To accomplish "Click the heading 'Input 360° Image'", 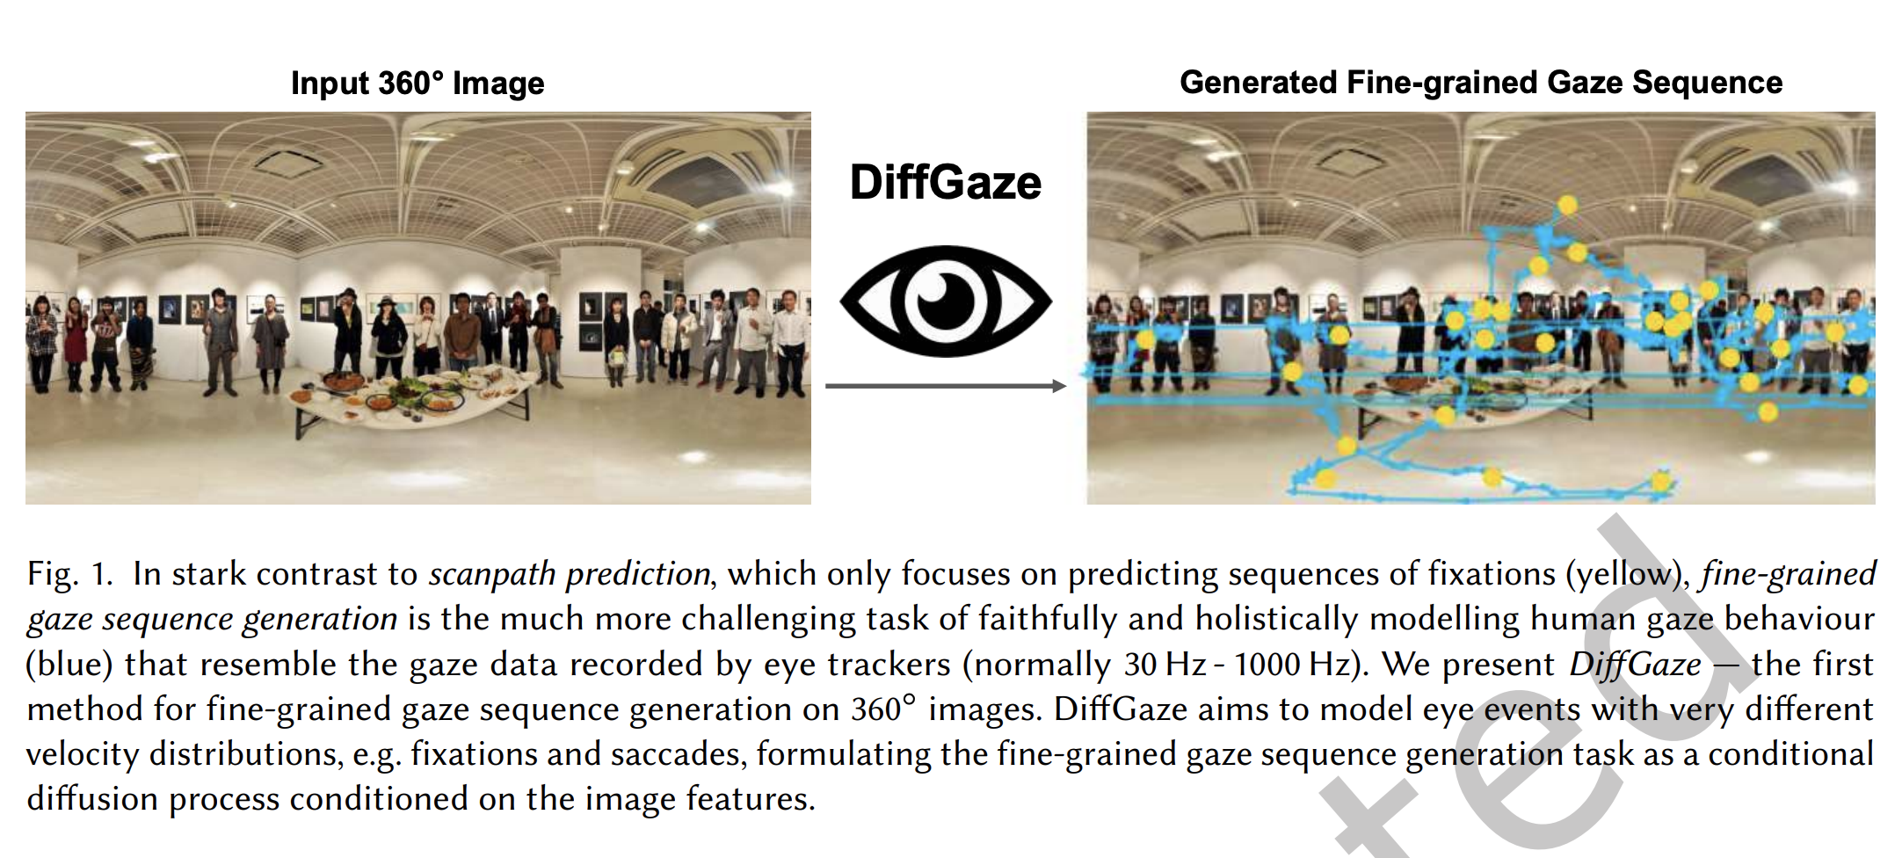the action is tap(417, 84).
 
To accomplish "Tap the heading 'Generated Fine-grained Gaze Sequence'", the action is tap(1481, 83).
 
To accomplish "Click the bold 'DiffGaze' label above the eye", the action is tap(946, 183).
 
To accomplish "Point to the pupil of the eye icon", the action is tap(946, 301).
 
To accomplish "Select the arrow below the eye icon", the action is tap(946, 386).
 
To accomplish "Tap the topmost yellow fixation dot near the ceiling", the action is tap(1567, 206).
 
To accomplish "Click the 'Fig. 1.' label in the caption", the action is tap(70, 574).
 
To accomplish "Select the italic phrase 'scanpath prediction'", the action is tap(570, 574).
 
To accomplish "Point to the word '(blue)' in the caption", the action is tap(69, 665).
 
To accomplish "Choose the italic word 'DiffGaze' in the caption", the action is tap(1635, 665).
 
